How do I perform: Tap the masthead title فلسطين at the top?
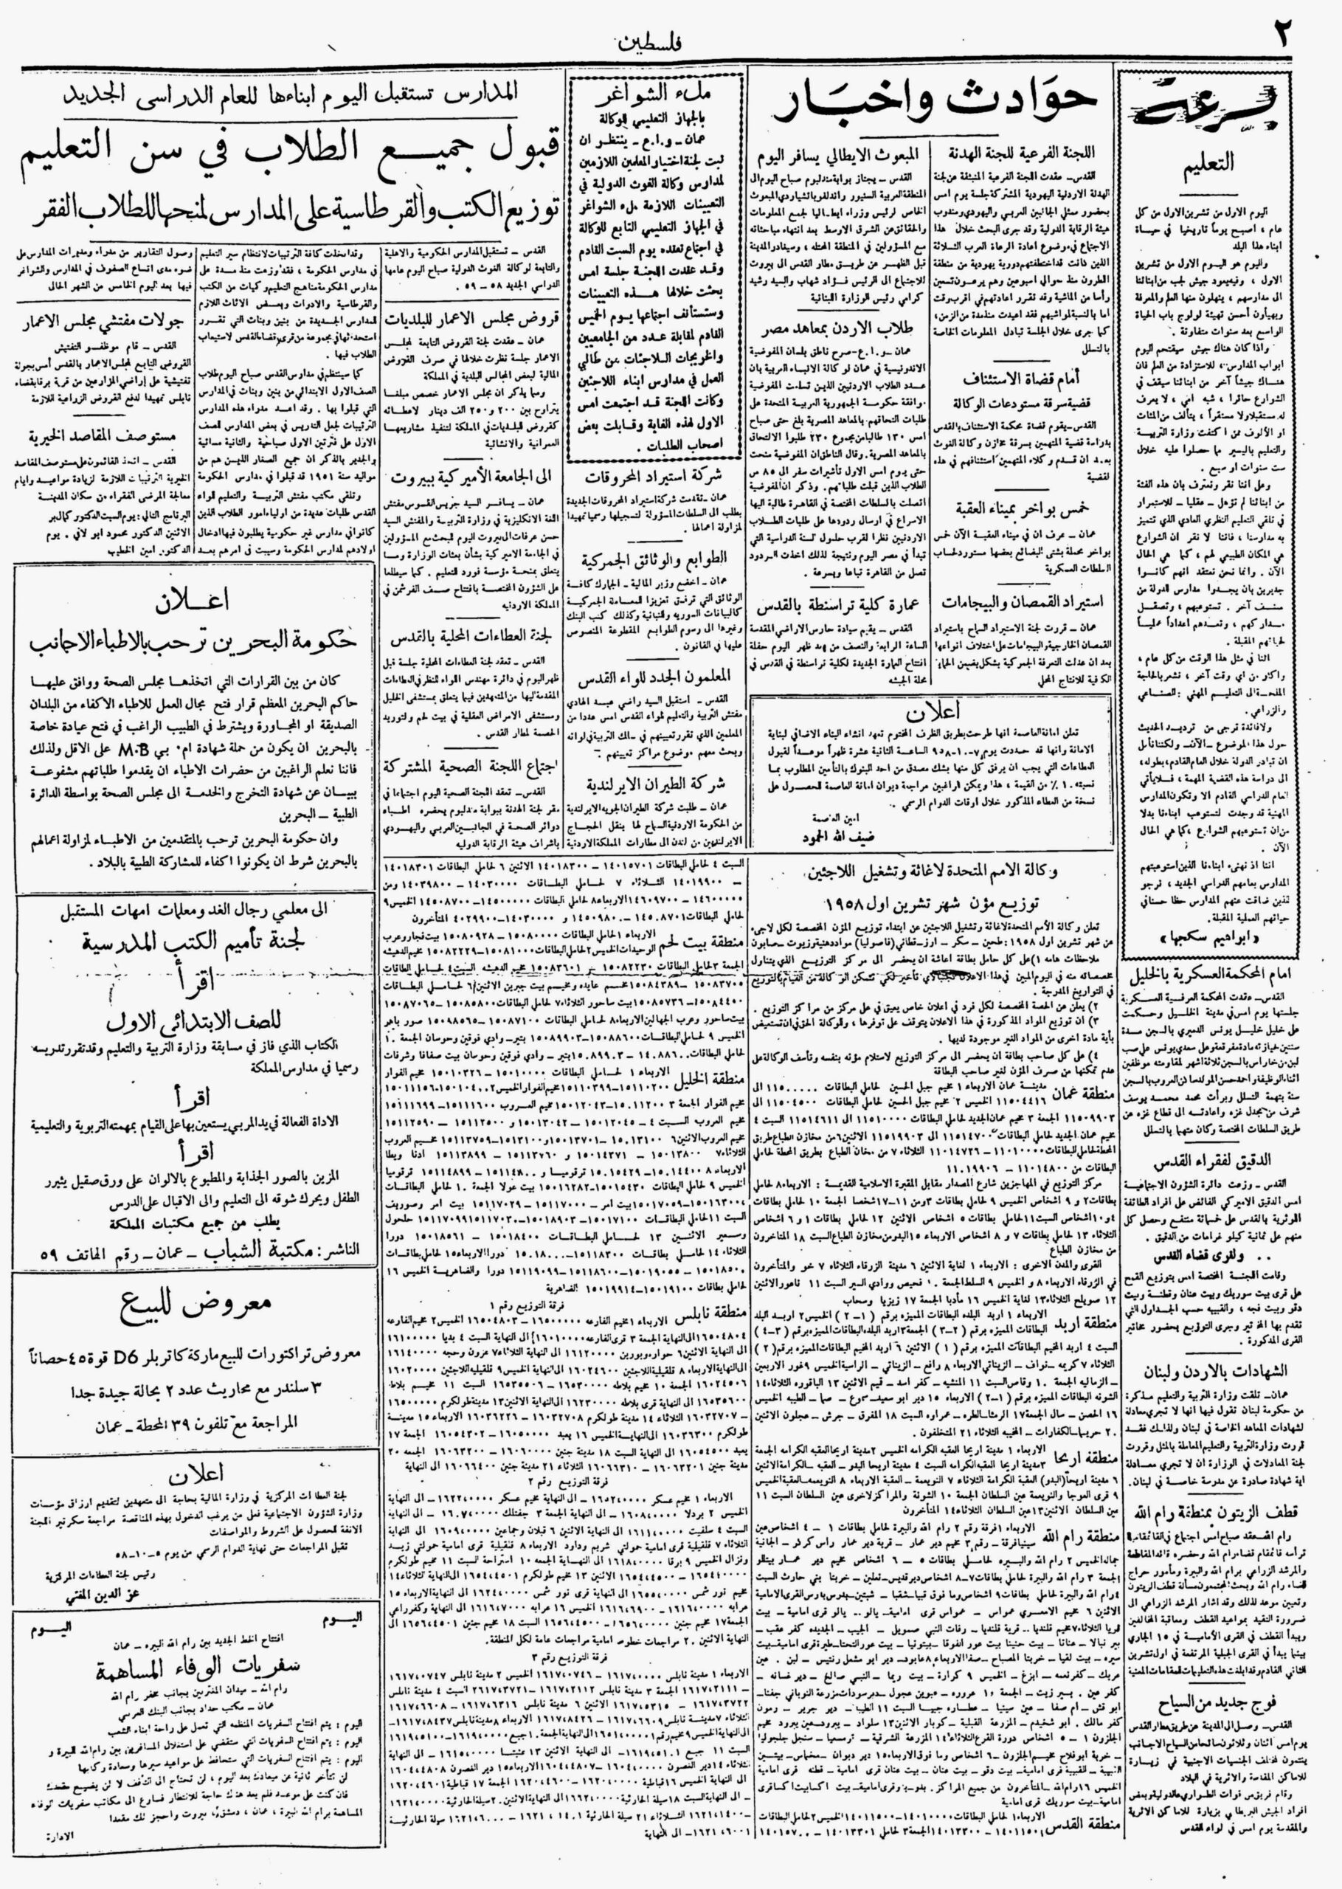pos(645,43)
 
